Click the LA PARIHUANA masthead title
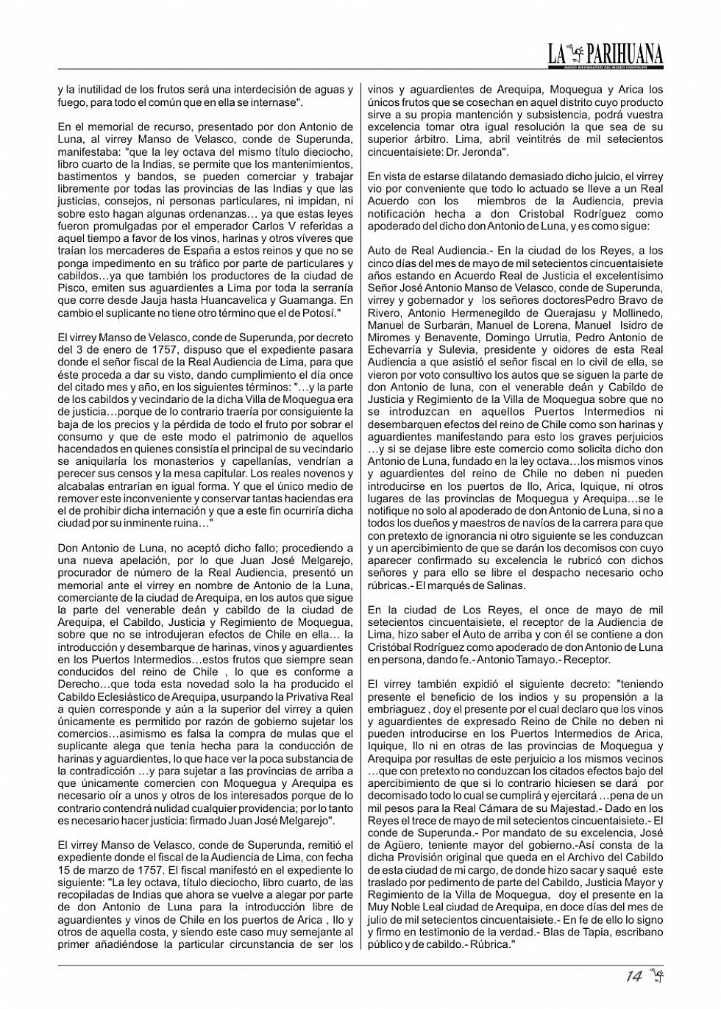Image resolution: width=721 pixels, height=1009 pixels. click(x=605, y=54)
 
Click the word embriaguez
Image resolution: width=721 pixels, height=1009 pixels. click(x=398, y=709)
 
